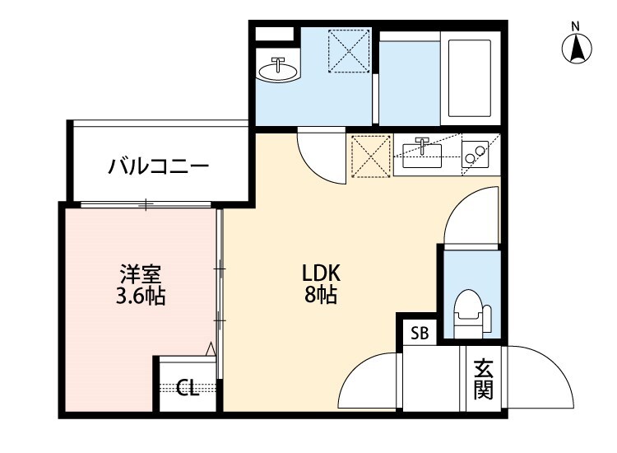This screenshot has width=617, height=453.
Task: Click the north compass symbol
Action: (x=578, y=47)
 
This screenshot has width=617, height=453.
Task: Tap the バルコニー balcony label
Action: (x=159, y=167)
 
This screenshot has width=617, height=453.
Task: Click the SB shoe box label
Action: (x=420, y=334)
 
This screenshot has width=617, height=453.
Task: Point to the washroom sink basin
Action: (x=278, y=69)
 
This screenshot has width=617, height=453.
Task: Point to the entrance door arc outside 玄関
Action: (x=538, y=375)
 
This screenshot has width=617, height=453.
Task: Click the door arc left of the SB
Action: (x=370, y=379)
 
